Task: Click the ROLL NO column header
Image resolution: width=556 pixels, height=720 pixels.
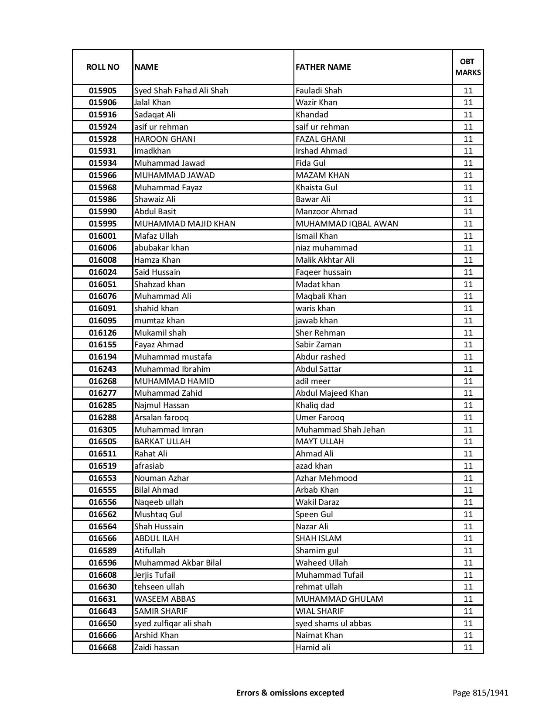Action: tap(102, 67)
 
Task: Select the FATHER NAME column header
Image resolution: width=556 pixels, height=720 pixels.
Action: tap(323, 67)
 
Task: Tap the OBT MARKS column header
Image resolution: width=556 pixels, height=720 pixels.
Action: tap(468, 67)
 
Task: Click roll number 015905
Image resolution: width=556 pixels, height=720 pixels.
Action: tap(102, 91)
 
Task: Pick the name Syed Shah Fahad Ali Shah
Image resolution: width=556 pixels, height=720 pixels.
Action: tap(181, 91)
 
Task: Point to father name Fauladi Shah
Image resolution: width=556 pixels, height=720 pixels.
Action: tap(319, 91)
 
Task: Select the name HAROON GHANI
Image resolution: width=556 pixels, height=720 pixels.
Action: tap(165, 139)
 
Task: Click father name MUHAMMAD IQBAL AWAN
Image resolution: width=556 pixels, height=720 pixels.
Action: tap(347, 224)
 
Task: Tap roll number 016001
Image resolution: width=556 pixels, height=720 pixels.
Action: tap(102, 236)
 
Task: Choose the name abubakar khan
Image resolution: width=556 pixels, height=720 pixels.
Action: tap(162, 248)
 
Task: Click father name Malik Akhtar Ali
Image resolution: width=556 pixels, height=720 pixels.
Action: tap(325, 260)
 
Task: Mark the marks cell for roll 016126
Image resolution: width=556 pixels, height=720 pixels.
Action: tap(468, 333)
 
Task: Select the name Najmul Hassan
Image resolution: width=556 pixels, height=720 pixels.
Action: tap(162, 405)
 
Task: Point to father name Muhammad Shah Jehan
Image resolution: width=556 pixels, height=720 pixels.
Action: tap(340, 430)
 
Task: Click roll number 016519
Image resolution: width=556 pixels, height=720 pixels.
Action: tap(102, 466)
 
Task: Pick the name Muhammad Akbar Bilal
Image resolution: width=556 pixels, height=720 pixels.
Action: tap(177, 563)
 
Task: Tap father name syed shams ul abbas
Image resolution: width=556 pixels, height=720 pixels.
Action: tap(333, 624)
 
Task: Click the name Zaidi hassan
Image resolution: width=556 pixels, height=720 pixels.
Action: tap(157, 648)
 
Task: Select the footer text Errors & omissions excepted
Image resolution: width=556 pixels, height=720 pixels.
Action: tap(290, 693)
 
